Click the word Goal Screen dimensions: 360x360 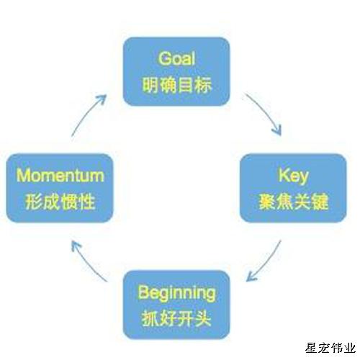pyautogui.click(x=176, y=58)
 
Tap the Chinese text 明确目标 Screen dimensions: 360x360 pyautogui.click(x=177, y=85)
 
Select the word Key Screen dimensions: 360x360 pyautogui.click(x=293, y=176)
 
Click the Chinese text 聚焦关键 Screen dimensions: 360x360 pyautogui.click(x=294, y=202)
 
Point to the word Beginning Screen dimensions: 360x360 pyautogui.click(x=176, y=293)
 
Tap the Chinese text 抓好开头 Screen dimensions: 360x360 pyautogui.click(x=176, y=318)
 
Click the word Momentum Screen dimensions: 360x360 pyautogui.click(x=60, y=176)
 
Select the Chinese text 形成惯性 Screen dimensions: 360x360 pyautogui.click(x=60, y=202)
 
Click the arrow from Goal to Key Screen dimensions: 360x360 pyautogui.click(x=266, y=112)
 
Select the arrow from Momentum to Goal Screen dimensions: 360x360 pyautogui.click(x=86, y=113)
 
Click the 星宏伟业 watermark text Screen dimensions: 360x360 pyautogui.click(x=330, y=348)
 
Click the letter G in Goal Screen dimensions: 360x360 pyautogui.click(x=165, y=58)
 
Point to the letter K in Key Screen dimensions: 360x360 pyautogui.click(x=284, y=175)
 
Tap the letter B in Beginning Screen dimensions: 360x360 pyautogui.click(x=143, y=292)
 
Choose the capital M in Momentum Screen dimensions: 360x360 pyautogui.click(x=23, y=176)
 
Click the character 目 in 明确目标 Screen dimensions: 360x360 pyautogui.click(x=186, y=85)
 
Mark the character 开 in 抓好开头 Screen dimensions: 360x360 pyautogui.click(x=185, y=318)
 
